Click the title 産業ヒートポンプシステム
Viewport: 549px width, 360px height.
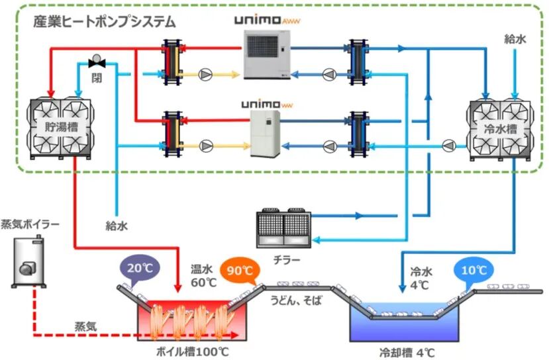coord(105,21)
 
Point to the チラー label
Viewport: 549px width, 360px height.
coord(287,259)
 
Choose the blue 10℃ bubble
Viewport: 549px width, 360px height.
coord(474,271)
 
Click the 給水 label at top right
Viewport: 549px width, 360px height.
coord(515,40)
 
